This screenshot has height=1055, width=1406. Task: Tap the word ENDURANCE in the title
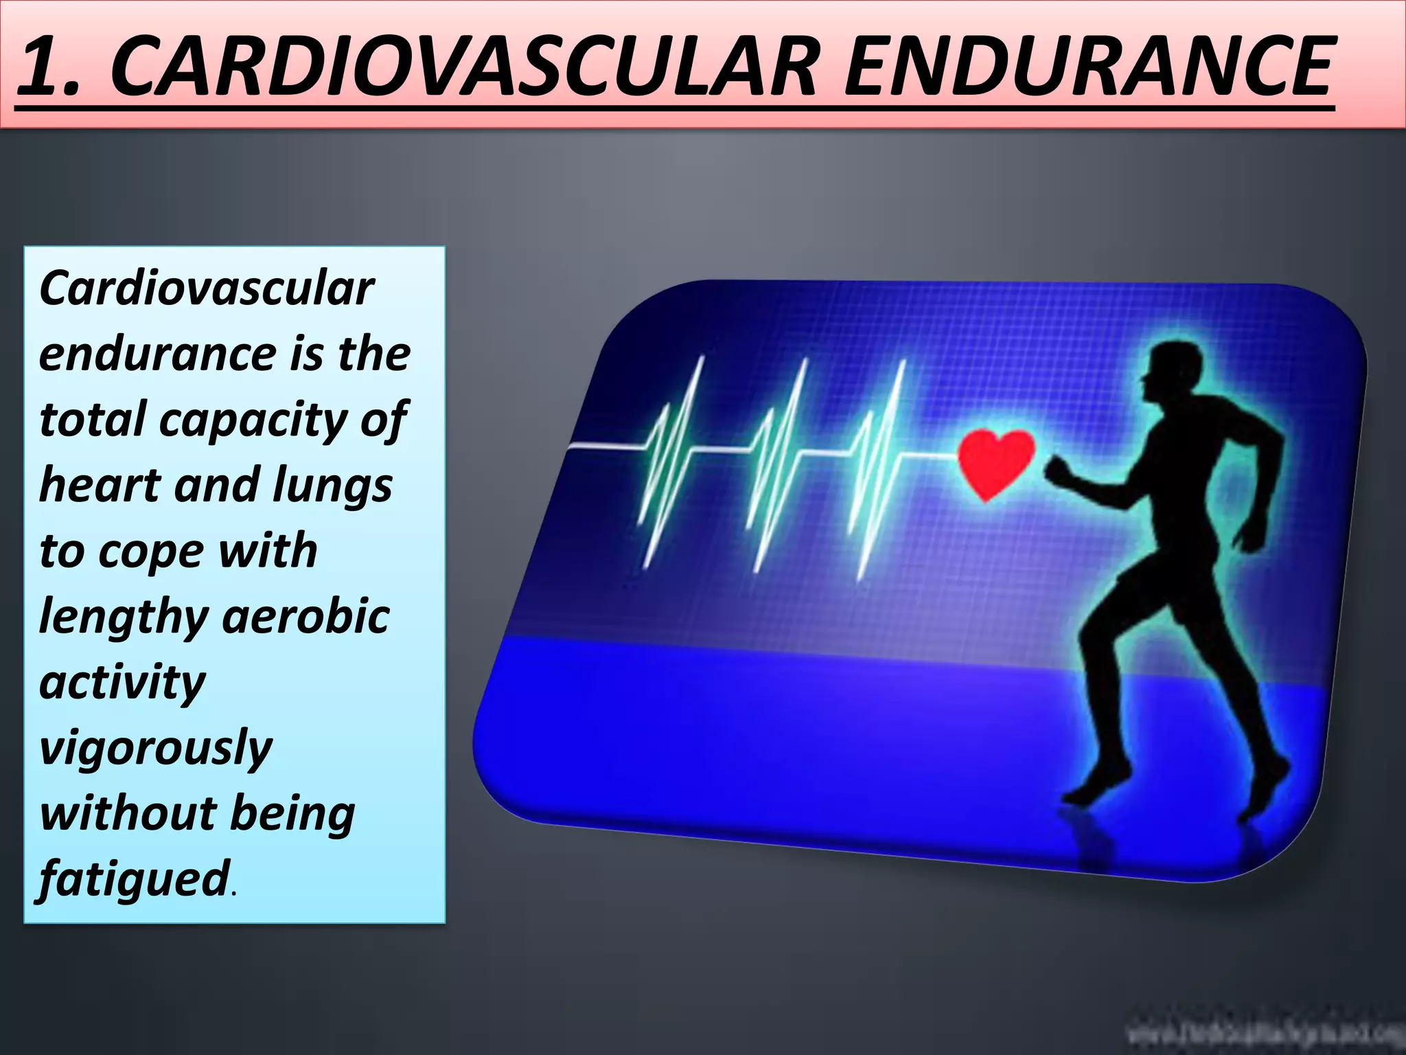[x=1088, y=67]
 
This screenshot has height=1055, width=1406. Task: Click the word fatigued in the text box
[x=134, y=878]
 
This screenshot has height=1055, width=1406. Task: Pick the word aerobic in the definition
[x=306, y=616]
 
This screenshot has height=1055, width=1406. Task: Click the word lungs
[x=332, y=485]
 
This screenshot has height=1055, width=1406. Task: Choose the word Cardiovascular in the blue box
[x=207, y=288]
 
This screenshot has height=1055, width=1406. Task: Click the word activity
[x=122, y=682]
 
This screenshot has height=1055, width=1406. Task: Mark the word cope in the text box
[x=151, y=552]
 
